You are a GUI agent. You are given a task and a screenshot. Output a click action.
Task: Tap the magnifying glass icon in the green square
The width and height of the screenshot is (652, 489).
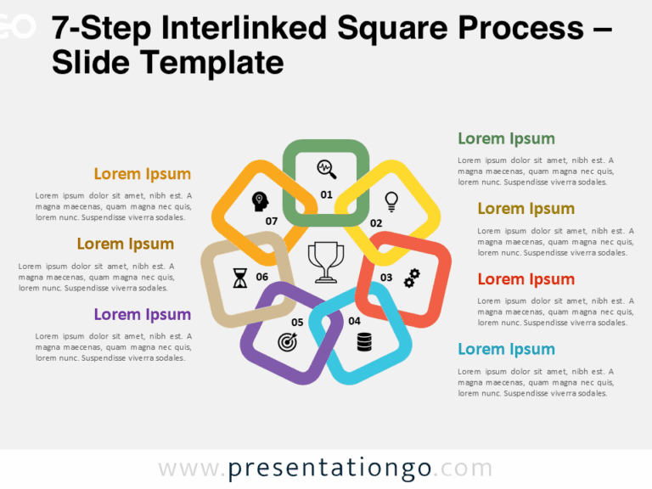[x=327, y=169]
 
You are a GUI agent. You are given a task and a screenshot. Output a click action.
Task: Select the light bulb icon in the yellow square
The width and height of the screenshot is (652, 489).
[x=391, y=201]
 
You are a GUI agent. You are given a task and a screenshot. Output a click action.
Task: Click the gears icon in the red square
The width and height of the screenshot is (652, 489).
[x=412, y=278]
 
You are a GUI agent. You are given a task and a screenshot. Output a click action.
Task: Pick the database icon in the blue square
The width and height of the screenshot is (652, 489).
[x=364, y=342]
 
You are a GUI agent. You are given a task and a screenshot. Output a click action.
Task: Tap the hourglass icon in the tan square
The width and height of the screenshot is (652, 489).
[x=240, y=278]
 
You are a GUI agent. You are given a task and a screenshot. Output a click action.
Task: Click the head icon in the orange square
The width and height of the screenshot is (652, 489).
[x=260, y=201]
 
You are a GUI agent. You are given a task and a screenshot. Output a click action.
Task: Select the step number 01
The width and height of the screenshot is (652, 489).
[x=326, y=194]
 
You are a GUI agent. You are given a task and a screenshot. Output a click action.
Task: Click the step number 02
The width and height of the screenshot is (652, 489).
[x=376, y=223]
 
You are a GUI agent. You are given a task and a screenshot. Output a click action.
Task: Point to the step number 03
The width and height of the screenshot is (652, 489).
[x=386, y=278]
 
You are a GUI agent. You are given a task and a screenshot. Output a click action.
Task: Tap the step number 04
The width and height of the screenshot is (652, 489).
[x=354, y=321]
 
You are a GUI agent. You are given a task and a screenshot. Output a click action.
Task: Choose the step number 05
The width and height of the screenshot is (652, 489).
[x=297, y=323]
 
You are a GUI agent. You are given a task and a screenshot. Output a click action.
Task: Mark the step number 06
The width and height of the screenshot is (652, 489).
[x=262, y=278]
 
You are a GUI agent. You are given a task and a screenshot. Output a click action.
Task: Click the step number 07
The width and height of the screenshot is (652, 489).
[x=272, y=222]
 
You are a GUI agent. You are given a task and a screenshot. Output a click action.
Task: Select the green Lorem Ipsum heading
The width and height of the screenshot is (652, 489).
[x=506, y=138]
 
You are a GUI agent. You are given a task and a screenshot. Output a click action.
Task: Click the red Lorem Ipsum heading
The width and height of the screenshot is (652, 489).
[x=526, y=279]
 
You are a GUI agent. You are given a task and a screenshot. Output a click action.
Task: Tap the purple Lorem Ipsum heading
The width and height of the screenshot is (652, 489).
[x=142, y=314]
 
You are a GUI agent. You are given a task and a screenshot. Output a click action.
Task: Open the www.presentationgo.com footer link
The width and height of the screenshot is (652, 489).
[x=325, y=469]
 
